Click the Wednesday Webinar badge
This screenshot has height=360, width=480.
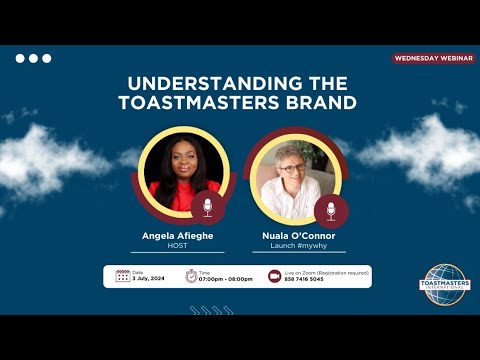pyautogui.click(x=433, y=58)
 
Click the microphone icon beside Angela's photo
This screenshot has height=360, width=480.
pyautogui.click(x=208, y=207)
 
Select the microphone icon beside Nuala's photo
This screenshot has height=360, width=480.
pyautogui.click(x=330, y=210)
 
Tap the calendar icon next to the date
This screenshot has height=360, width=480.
pyautogui.click(x=122, y=276)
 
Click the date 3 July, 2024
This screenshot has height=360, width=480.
pyautogui.click(x=148, y=279)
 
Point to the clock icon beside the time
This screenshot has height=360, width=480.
pyautogui.click(x=189, y=276)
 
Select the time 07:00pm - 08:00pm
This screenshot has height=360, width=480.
pyautogui.click(x=225, y=279)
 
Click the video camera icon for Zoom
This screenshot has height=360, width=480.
pyautogui.click(x=274, y=276)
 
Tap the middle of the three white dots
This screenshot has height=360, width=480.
pyautogui.click(x=33, y=58)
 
